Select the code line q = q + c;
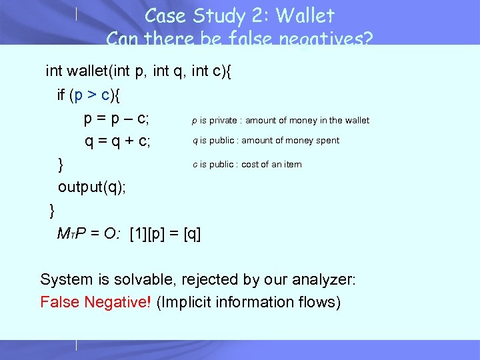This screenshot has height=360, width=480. pyautogui.click(x=117, y=141)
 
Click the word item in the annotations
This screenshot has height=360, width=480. pyautogui.click(x=293, y=165)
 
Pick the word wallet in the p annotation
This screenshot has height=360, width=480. pyautogui.click(x=355, y=121)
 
